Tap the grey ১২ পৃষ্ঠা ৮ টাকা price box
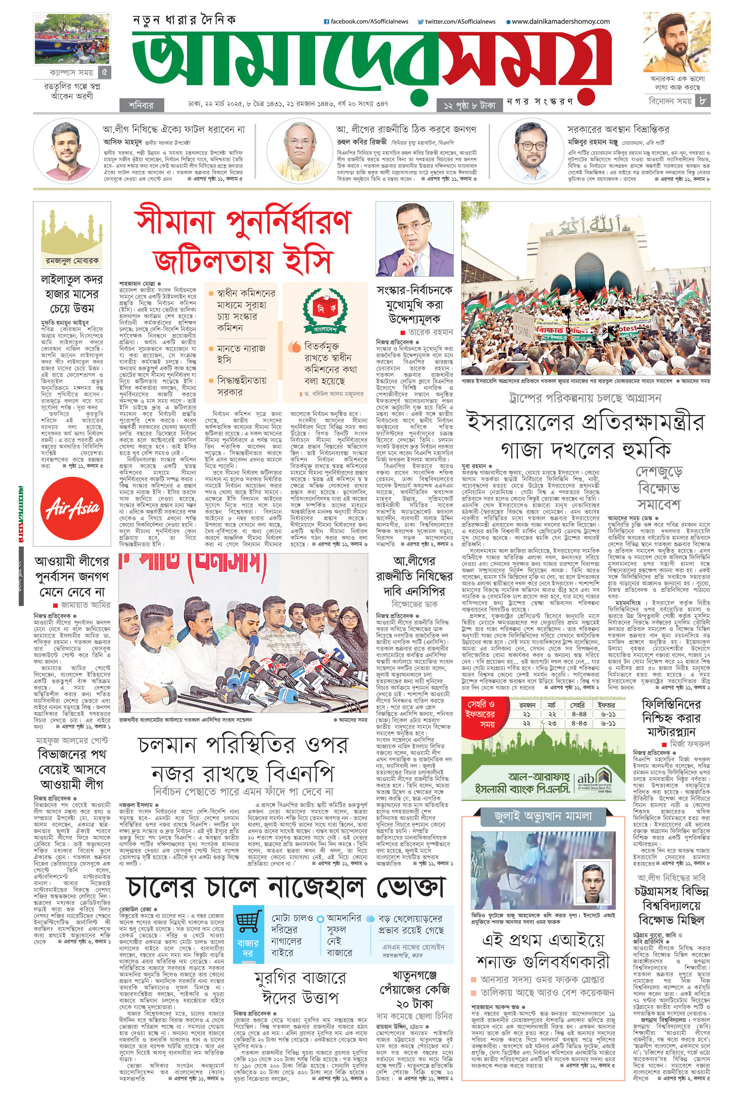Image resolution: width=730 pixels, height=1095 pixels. click(469, 105)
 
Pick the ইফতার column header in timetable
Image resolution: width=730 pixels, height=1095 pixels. click(608, 705)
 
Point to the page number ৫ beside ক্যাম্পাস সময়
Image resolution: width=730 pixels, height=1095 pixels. click(105, 73)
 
